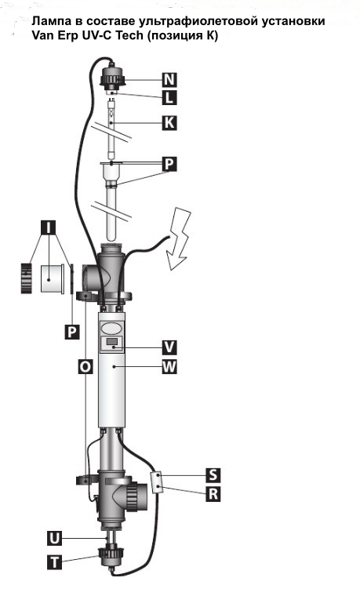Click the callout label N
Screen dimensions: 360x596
pos(169,80)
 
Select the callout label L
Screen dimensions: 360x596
pos(169,98)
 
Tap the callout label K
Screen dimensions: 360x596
pos(169,123)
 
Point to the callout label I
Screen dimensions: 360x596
pos(49,227)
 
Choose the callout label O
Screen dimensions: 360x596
pos(85,367)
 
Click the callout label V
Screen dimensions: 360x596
pos(169,347)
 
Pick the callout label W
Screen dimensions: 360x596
pos(169,367)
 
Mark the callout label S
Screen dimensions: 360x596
pos(213,474)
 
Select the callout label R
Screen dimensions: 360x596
pos(213,494)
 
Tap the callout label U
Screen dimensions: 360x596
pos(55,539)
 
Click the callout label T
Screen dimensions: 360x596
pos(55,561)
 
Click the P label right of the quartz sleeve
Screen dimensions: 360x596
pos(169,164)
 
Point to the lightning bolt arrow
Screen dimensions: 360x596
pos(180,238)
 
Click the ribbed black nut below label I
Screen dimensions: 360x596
pos(26,278)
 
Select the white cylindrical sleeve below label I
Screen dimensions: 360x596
pos(52,279)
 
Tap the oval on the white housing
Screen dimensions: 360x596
pos(111,327)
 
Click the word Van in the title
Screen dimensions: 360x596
pos(42,35)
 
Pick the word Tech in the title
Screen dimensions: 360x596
pos(129,35)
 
